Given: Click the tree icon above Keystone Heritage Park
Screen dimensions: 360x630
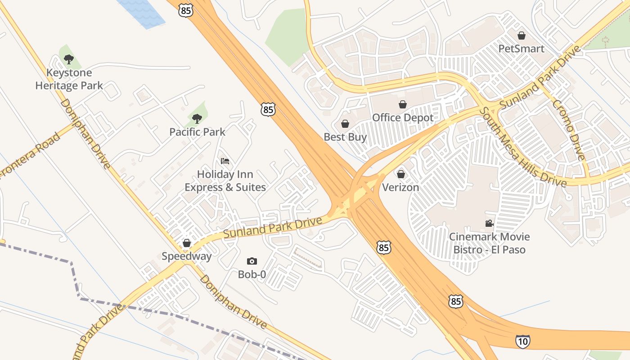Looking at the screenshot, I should (68, 59).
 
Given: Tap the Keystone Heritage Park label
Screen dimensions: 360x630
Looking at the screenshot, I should (69, 79).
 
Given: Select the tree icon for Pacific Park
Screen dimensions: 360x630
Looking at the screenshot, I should (197, 119).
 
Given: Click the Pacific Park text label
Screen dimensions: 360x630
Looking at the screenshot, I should (197, 132).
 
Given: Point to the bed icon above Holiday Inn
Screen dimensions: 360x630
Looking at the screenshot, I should (225, 161).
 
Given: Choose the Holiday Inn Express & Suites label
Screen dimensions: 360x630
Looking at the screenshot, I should (225, 180).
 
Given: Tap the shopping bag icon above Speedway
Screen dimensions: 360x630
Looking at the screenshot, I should (187, 243).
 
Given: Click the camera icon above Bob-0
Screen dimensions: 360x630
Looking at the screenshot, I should (252, 261).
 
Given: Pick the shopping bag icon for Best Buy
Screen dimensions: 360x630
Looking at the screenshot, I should (345, 124).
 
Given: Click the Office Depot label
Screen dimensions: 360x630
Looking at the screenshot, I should (403, 118).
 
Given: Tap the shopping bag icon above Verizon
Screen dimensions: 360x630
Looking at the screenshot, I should (400, 174).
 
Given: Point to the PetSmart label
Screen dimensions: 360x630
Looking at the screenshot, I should (522, 49).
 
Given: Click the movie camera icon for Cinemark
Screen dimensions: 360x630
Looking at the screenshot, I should (489, 224).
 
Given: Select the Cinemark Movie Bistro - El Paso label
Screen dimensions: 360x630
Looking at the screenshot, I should (489, 243).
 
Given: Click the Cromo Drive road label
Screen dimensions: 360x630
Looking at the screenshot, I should (569, 130).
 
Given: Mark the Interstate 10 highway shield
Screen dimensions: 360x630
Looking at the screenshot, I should (522, 342).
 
